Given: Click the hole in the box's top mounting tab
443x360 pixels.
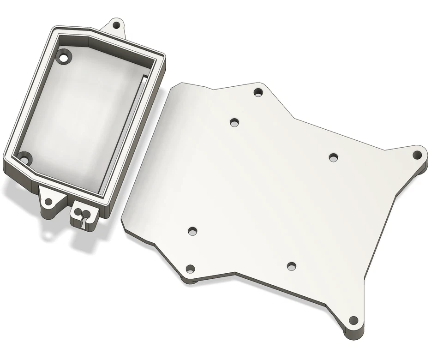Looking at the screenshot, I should tap(116, 25).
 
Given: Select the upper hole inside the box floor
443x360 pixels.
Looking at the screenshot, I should tap(64, 58).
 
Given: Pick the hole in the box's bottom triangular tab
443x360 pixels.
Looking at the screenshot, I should tap(48, 202).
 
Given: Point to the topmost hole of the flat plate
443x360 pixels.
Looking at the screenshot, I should tap(258, 92).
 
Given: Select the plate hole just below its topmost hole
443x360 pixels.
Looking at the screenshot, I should tap(234, 123).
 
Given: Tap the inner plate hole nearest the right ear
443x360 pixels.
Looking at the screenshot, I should tap(333, 157).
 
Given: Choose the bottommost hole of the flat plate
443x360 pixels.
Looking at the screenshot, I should tap(353, 320).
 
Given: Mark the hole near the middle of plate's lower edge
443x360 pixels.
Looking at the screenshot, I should tap(291, 266).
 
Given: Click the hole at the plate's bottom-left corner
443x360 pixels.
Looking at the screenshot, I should tap(190, 269).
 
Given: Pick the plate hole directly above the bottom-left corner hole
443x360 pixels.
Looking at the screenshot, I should tap(192, 231).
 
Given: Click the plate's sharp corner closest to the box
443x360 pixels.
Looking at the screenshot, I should tap(172, 86).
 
